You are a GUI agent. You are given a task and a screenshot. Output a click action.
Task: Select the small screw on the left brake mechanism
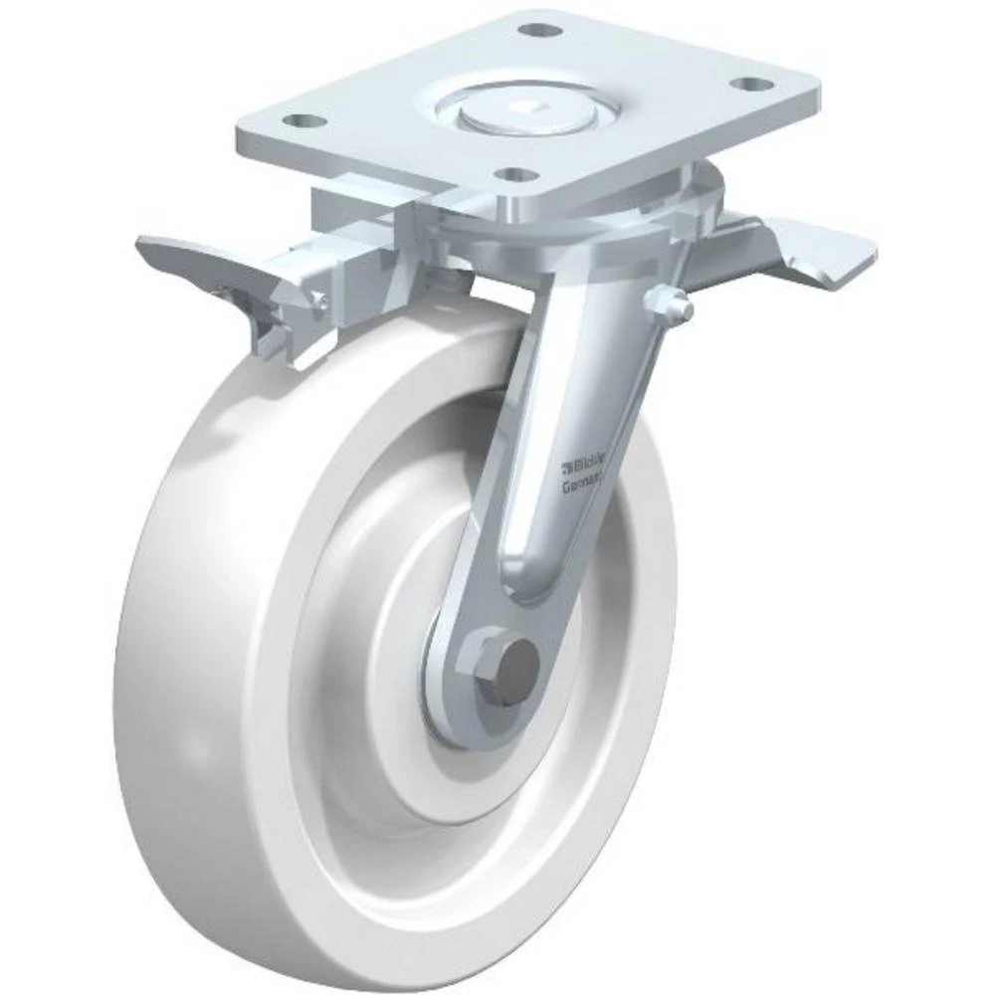(x=315, y=300)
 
